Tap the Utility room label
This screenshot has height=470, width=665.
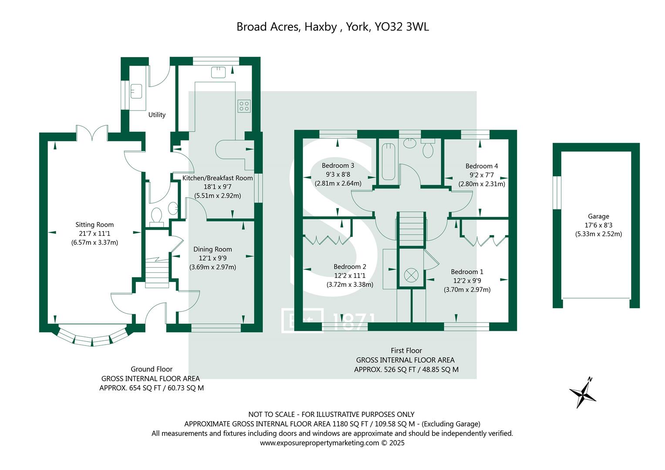pos(157,115)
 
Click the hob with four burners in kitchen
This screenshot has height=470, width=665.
pos(243,106)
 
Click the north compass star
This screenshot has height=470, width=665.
pos(583,393)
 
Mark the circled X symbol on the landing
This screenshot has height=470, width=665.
pos(411,275)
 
